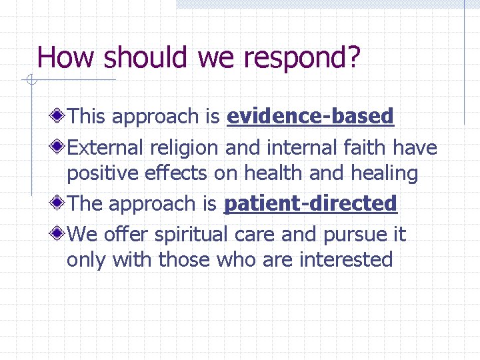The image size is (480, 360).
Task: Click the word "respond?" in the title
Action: (x=302, y=59)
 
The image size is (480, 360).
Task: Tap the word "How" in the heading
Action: (x=66, y=57)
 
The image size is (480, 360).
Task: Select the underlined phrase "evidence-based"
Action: (x=311, y=117)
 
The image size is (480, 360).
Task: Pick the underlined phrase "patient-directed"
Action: (x=311, y=203)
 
